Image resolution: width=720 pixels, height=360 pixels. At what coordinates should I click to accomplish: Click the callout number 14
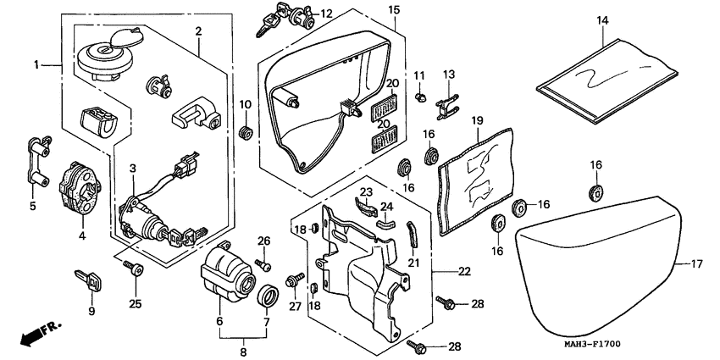coord(602,20)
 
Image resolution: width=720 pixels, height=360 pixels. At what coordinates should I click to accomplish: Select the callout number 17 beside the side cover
coord(695,265)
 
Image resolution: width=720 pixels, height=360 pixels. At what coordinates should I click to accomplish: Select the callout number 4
coord(82,237)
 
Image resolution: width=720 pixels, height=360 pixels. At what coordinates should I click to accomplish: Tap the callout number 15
coord(394,9)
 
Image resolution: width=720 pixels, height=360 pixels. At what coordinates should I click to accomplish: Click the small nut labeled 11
coord(419,100)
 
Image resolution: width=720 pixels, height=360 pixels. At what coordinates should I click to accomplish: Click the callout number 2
coord(197,31)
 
